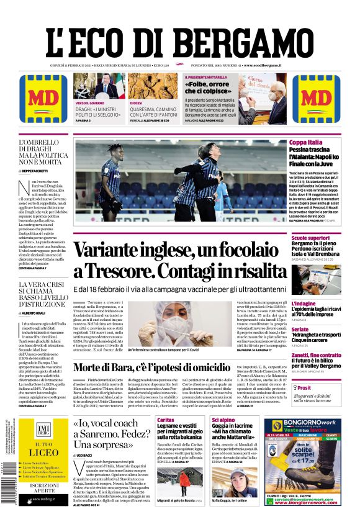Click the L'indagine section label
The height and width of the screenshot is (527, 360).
pos(304,304)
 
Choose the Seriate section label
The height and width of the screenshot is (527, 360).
pos(300,329)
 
